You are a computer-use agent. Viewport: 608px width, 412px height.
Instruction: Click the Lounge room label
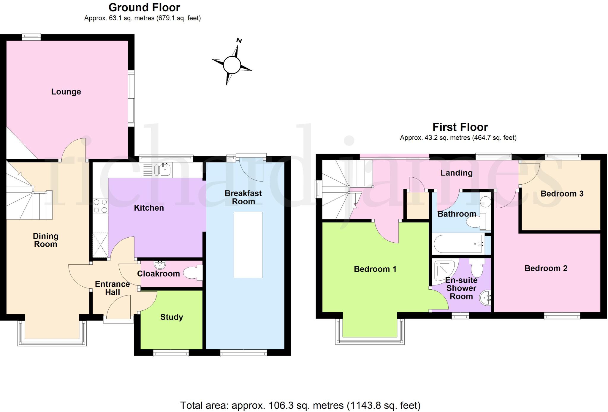coord(66,92)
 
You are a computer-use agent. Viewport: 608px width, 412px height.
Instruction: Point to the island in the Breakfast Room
coord(248,245)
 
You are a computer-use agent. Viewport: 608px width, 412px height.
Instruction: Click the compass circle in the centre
coord(232,65)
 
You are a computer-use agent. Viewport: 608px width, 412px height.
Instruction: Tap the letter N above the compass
coord(239,41)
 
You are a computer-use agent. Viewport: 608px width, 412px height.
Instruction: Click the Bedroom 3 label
coord(562,194)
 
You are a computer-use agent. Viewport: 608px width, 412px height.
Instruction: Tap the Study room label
coord(172,317)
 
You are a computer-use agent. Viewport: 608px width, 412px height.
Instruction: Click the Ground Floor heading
coord(144,7)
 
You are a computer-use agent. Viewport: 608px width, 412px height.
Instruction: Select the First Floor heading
coord(460,127)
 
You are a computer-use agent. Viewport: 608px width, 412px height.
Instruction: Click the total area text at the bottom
coord(300,405)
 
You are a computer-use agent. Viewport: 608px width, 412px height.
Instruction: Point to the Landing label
coord(456,173)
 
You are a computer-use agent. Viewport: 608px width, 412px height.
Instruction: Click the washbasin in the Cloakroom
coord(160,264)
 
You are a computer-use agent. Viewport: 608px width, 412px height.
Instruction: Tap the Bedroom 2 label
coord(546,268)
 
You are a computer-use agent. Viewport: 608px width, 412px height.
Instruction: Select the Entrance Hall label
coord(112,288)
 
